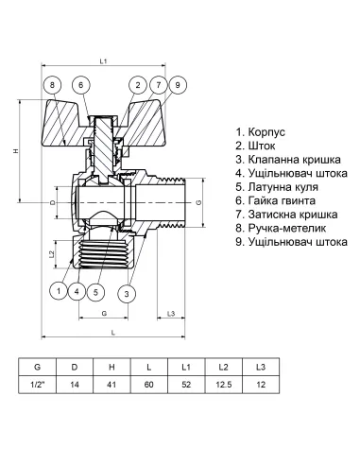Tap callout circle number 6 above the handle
pos(81,86)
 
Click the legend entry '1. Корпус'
pos(262,132)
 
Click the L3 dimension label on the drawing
pos(170,312)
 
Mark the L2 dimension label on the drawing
pos(52,255)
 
